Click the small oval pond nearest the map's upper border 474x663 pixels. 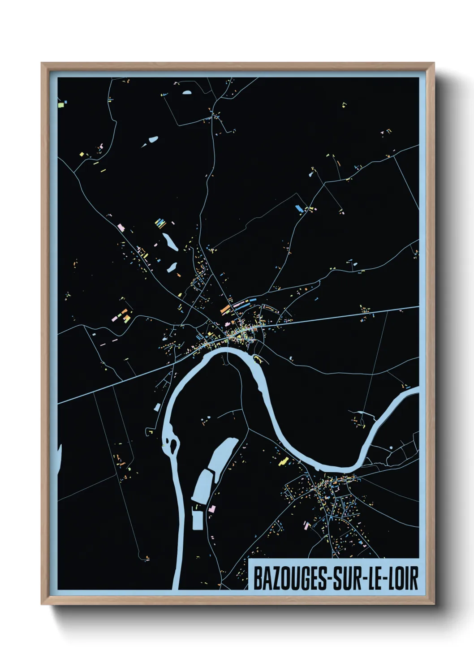187,93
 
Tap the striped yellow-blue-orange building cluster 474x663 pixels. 160,222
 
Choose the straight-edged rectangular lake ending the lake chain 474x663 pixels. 198,519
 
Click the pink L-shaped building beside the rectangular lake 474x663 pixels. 211,509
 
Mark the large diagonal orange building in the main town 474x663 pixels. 225,309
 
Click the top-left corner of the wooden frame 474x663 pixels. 42,64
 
